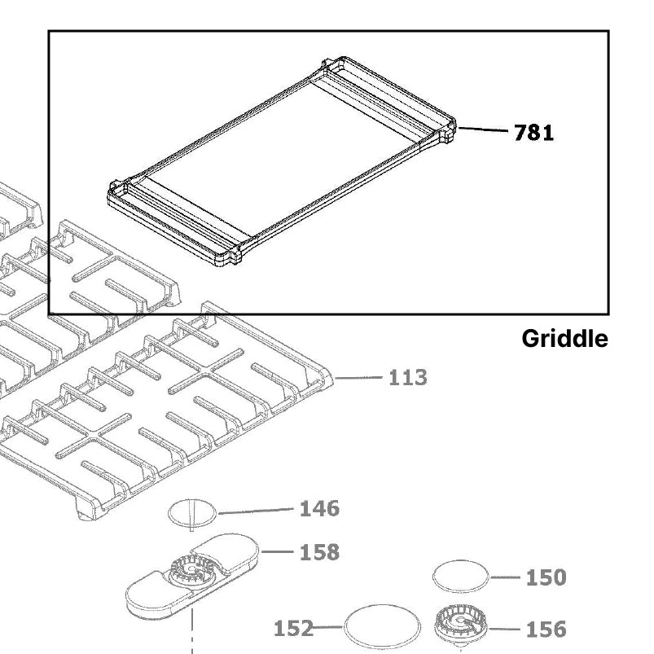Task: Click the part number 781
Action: coord(533,133)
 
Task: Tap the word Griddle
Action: coord(564,339)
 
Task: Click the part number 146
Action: coord(319,509)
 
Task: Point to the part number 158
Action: coord(319,552)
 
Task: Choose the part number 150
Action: coord(545,577)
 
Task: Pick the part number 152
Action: coord(293,628)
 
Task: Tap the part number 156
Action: coord(545,629)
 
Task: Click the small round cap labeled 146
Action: coord(193,513)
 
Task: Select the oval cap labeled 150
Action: coord(461,577)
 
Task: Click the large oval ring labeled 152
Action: coord(382,628)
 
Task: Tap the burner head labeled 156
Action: coord(461,624)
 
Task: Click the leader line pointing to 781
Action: coord(484,129)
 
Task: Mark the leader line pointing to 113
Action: coord(358,378)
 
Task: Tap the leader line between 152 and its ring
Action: coord(328,627)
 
